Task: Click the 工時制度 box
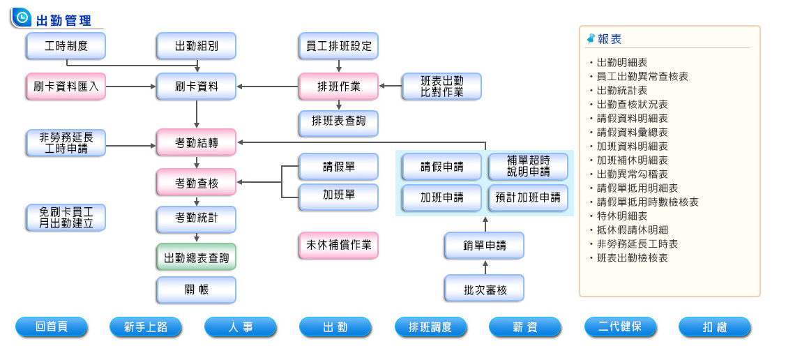point(66,46)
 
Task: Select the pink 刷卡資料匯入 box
point(66,87)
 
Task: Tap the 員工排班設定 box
point(338,46)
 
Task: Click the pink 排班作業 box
point(338,87)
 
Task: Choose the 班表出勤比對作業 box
point(441,87)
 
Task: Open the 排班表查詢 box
point(338,123)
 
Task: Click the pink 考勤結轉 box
point(196,142)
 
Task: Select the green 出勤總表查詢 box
point(196,257)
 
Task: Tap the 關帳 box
point(196,290)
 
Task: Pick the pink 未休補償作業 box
point(338,246)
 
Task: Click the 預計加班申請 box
point(528,197)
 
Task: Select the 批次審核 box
point(484,289)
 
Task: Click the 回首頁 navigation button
point(51,327)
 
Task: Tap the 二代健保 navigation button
point(619,327)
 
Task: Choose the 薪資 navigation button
point(524,327)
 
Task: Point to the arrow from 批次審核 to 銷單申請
point(485,267)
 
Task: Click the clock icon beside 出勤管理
point(22,17)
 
